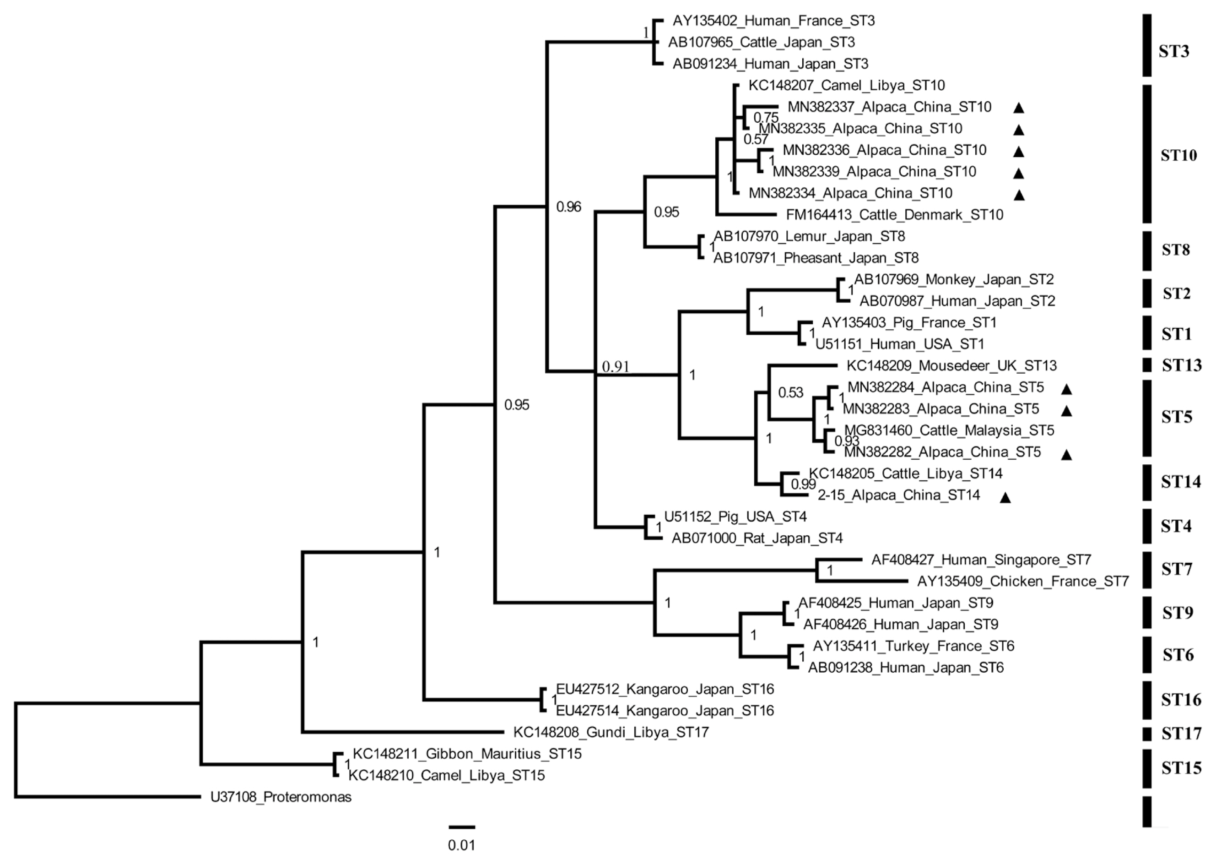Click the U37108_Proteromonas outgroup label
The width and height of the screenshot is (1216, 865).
coord(281,797)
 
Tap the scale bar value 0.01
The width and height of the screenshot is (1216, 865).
coord(461,845)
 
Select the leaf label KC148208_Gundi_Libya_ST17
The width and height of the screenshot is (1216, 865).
coord(611,732)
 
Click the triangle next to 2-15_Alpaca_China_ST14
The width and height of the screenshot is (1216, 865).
coord(1005,497)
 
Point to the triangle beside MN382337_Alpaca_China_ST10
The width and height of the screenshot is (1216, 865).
coord(1018,108)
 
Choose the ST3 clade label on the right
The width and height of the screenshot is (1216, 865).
coord(1174,52)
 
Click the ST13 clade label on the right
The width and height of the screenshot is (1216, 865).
coord(1181,365)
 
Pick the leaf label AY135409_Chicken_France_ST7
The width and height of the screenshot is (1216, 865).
coord(1023,581)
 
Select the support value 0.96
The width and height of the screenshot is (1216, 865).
coord(568,207)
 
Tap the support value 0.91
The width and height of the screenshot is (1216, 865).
coord(616,366)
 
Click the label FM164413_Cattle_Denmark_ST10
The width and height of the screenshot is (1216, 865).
coord(894,215)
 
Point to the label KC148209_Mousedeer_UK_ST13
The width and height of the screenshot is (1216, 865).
coord(951,366)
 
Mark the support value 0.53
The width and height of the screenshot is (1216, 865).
coord(791,393)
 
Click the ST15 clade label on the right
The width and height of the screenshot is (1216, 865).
coord(1181,767)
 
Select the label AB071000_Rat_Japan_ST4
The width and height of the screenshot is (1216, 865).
coord(757,539)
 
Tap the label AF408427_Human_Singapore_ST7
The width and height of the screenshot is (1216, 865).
coord(981,560)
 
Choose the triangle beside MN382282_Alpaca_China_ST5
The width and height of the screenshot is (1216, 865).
coord(1066,455)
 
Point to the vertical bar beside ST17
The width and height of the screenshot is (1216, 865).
coord(1147,734)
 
